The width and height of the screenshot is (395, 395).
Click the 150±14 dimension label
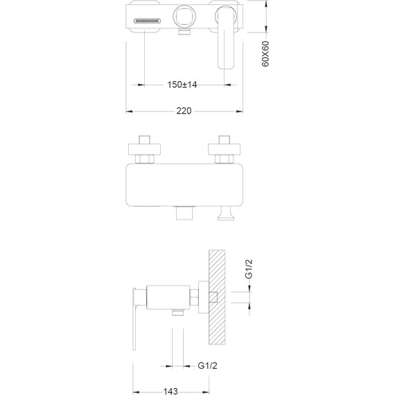tap(182, 85)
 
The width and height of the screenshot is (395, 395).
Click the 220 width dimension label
tap(184, 111)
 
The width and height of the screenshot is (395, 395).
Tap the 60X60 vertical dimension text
tap(265, 54)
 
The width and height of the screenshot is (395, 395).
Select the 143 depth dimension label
tap(170, 392)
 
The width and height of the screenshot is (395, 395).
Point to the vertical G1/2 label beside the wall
tap(248, 269)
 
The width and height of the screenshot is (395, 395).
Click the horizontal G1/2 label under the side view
tap(207, 365)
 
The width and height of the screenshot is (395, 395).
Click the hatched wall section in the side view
tap(217, 297)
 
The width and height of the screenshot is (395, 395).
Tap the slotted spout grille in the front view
tap(148, 21)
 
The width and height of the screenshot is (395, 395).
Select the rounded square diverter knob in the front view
tap(183, 17)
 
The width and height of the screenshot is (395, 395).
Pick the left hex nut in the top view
tap(144, 159)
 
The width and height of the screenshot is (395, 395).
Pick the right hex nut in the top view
tap(224, 159)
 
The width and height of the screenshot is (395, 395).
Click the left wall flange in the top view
tap(144, 149)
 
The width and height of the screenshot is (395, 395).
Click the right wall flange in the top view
tap(224, 149)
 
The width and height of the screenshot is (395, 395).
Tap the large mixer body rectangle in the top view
tap(184, 184)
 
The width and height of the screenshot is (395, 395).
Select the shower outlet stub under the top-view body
tap(185, 213)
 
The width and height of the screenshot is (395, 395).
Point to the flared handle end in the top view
tap(226, 213)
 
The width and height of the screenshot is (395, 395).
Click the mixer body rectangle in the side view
tap(168, 297)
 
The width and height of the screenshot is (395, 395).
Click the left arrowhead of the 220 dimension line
tap(129, 112)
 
